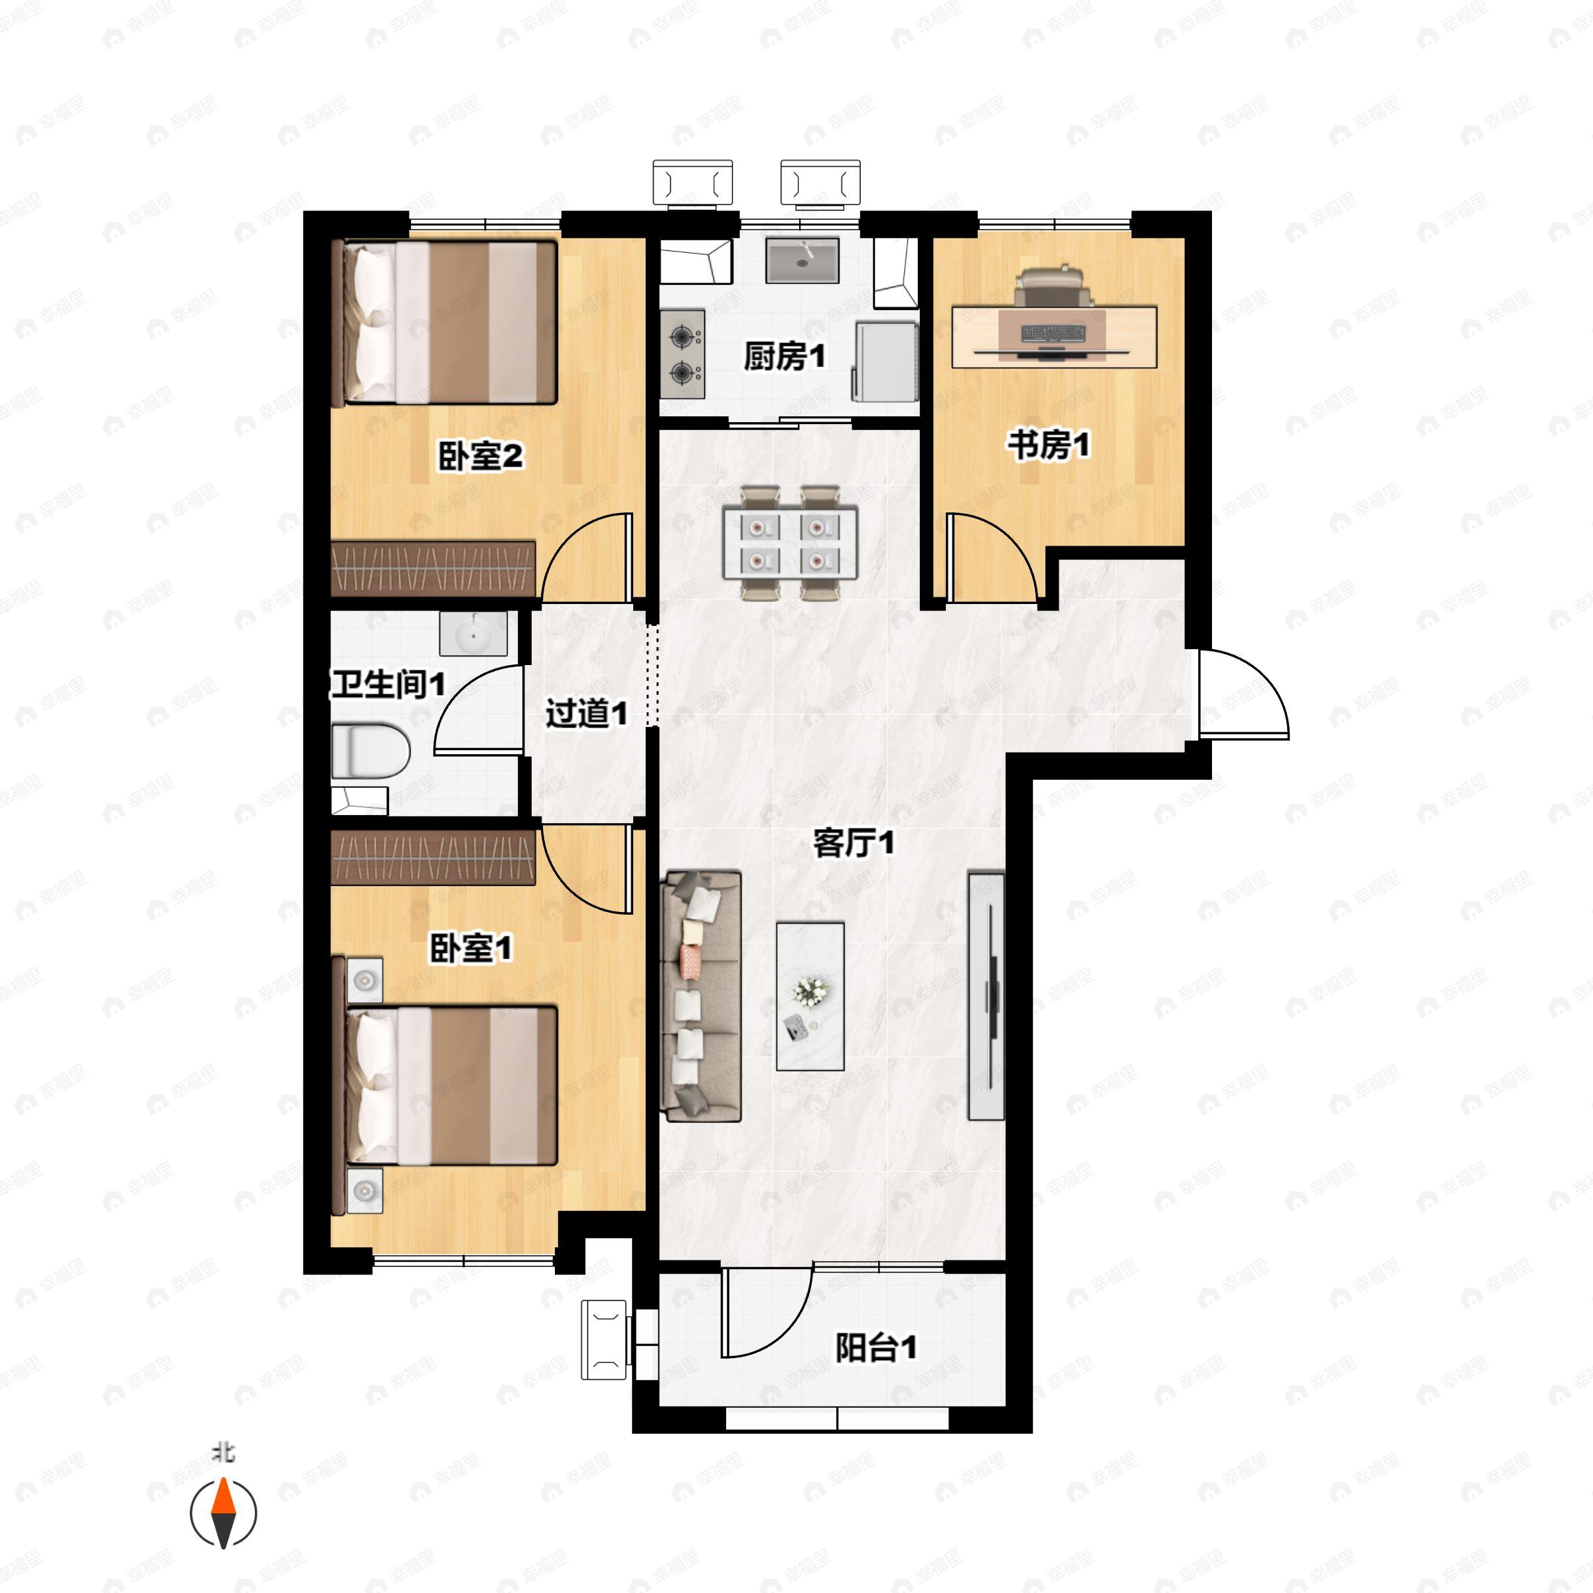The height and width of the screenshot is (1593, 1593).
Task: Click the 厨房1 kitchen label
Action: pos(784,357)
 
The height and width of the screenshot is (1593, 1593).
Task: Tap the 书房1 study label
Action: pos(1048,445)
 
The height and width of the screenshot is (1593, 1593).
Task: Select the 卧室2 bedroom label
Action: pos(480,456)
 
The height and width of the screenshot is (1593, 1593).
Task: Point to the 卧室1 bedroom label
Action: pos(471,948)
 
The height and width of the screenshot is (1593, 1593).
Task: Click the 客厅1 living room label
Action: pos(854,844)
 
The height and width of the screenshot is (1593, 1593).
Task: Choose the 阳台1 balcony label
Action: pos(875,1348)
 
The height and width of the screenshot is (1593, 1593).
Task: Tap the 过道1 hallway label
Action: pos(586,714)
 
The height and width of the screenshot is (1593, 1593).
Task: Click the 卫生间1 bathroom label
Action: pos(388,684)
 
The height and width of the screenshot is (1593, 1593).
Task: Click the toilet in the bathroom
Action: pos(370,750)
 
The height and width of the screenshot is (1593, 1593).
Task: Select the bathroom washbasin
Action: pos(473,634)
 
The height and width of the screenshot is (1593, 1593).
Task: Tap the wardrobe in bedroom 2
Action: pos(433,569)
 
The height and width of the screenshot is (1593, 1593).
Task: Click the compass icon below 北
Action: pos(224,1514)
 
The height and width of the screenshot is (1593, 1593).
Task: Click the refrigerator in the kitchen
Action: pos(885,361)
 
